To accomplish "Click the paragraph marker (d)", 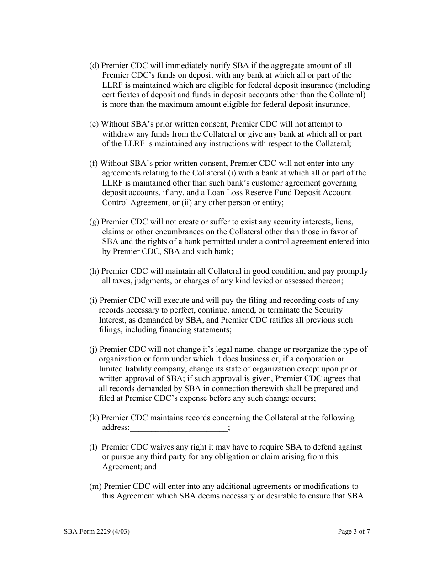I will [94, 66].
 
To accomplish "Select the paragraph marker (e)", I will [94, 124].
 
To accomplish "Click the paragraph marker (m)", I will [95, 487].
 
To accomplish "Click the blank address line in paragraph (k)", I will [178, 428].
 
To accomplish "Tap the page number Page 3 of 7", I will [354, 531].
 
